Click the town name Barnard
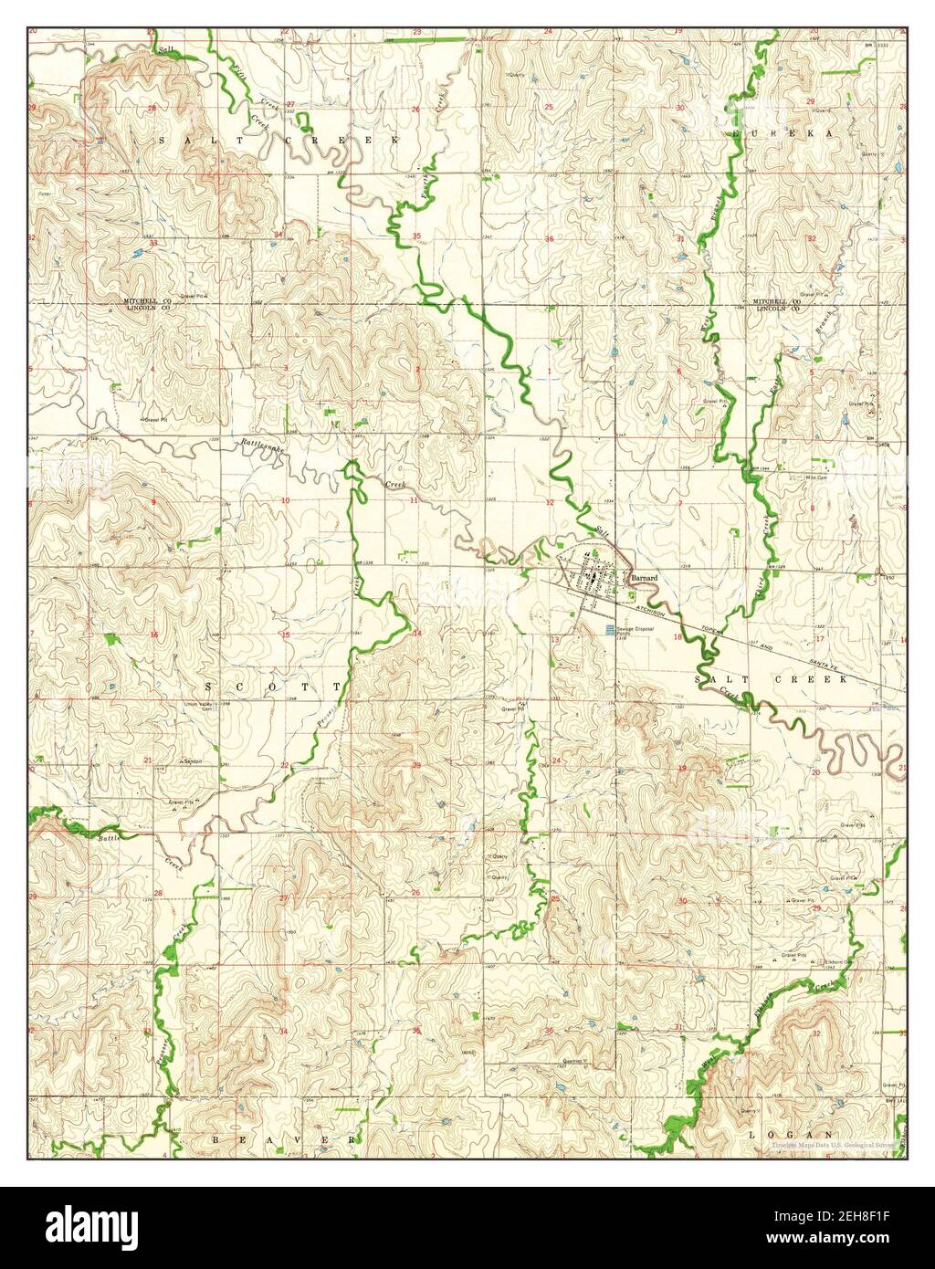click(643, 577)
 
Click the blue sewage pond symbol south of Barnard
click(606, 631)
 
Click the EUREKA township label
click(784, 133)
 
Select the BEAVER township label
click(284, 1140)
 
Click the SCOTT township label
click(271, 686)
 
